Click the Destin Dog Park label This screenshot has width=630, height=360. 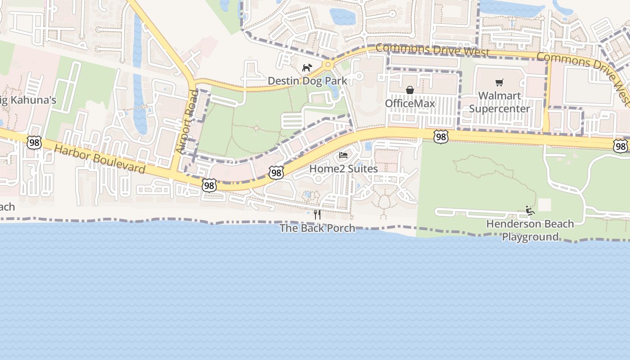(x=307, y=81)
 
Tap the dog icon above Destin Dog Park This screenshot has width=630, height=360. (x=307, y=68)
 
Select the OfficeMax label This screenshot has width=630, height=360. (x=410, y=103)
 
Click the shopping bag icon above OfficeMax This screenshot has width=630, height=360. (x=410, y=90)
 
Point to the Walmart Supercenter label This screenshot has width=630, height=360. (x=499, y=102)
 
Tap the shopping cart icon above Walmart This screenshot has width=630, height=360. (x=499, y=82)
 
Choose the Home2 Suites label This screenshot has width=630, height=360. (x=343, y=169)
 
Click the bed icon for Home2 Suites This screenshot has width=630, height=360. (x=343, y=156)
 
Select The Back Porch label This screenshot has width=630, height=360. (x=317, y=228)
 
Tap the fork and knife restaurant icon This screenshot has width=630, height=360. (x=317, y=215)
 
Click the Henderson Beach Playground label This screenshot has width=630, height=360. (x=530, y=230)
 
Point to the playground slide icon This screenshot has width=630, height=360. (x=530, y=210)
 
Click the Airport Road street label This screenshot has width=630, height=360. (x=186, y=121)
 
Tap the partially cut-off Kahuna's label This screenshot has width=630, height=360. (x=28, y=100)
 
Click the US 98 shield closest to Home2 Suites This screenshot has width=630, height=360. (x=276, y=173)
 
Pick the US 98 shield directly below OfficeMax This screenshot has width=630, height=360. (x=441, y=137)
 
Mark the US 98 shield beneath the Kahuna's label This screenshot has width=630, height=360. (x=34, y=143)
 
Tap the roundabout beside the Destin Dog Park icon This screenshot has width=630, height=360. (x=328, y=65)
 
